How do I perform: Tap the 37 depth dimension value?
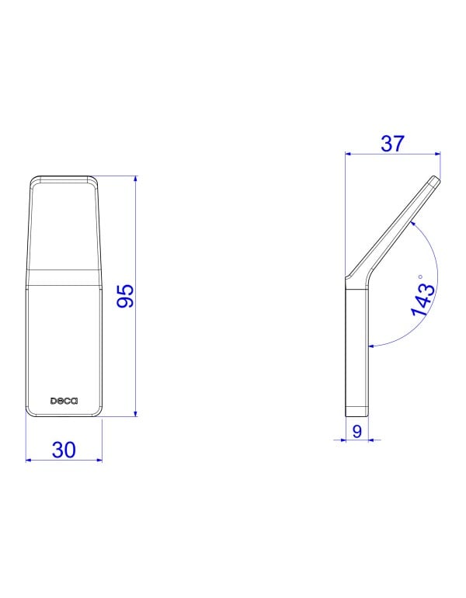coord(393,143)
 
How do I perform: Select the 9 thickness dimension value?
coord(356,431)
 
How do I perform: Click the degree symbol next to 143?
coord(420,276)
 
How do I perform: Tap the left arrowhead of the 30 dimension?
coord(30,460)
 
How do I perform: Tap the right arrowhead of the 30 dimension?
coord(99,460)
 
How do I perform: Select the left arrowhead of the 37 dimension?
coord(348,154)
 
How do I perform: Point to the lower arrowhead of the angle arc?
coord(372,343)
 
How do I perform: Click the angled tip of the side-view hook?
coord(434,181)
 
